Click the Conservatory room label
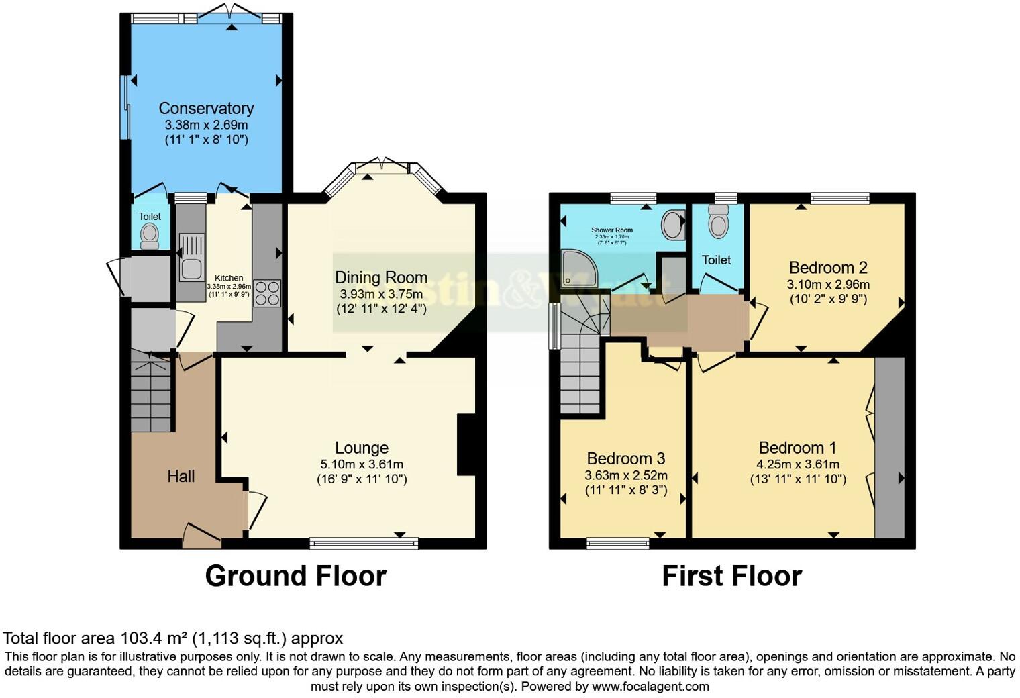[x=206, y=108]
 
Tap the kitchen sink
[x=191, y=256]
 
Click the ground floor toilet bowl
[x=150, y=235]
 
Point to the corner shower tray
[x=578, y=268]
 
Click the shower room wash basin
[x=673, y=225]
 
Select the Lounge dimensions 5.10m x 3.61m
[x=362, y=464]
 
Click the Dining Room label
[x=381, y=277]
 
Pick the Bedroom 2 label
[x=828, y=268]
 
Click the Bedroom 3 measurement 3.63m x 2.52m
[x=625, y=475]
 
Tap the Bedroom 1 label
[x=797, y=448]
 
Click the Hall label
[x=181, y=476]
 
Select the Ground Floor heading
[x=295, y=576]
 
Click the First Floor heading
[x=731, y=576]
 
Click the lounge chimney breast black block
[x=466, y=445]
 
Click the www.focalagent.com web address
[x=650, y=686]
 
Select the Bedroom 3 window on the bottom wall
[x=617, y=543]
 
